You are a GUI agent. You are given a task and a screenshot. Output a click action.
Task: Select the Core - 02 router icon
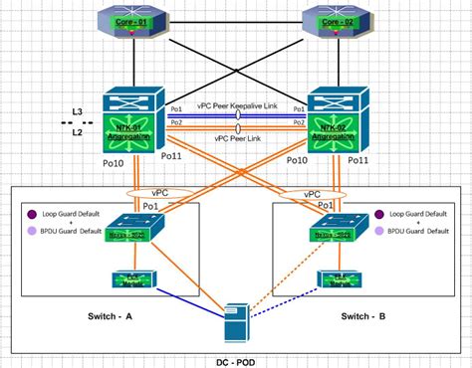pos(336,22)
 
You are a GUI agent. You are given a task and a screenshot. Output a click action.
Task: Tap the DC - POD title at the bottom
pos(234,359)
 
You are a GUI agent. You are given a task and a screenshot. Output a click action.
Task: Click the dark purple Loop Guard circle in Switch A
pos(33,212)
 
